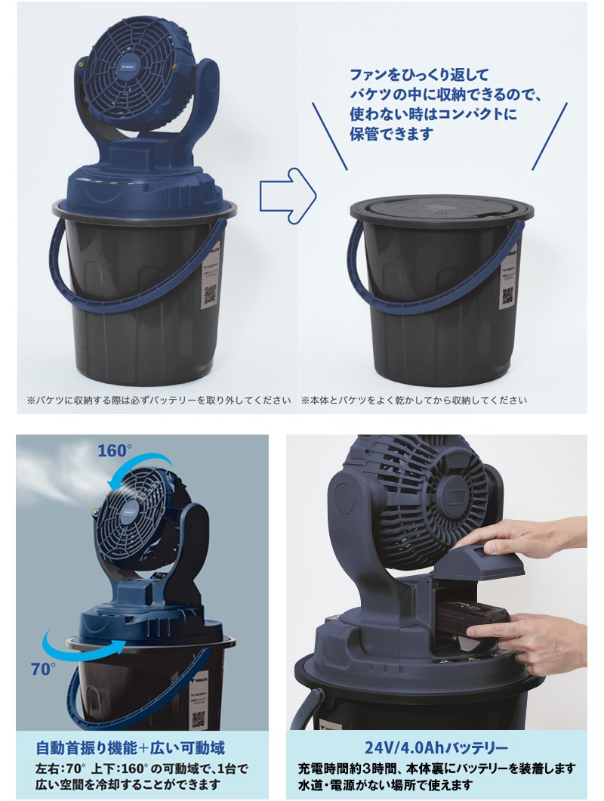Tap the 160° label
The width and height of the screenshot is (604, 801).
pyautogui.click(x=115, y=451)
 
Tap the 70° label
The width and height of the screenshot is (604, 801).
pyautogui.click(x=43, y=669)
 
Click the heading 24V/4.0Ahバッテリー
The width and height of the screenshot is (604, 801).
pyautogui.click(x=436, y=748)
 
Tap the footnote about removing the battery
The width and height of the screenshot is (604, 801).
pyautogui.click(x=158, y=400)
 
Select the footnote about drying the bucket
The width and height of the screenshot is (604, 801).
pyautogui.click(x=414, y=400)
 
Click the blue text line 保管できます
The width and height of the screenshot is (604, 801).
pyautogui.click(x=391, y=134)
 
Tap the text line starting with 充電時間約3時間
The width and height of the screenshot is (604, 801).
pyautogui.click(x=436, y=769)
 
